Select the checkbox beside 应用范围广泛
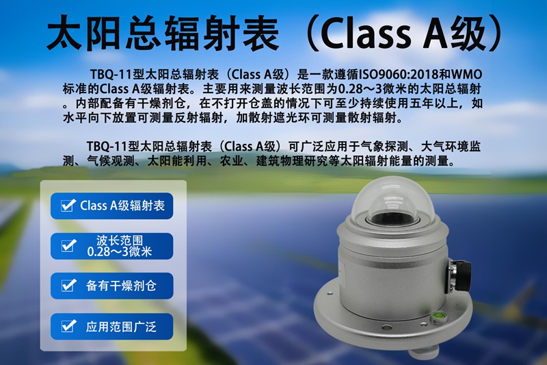tap(68, 327)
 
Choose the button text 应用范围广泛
tap(121, 327)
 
